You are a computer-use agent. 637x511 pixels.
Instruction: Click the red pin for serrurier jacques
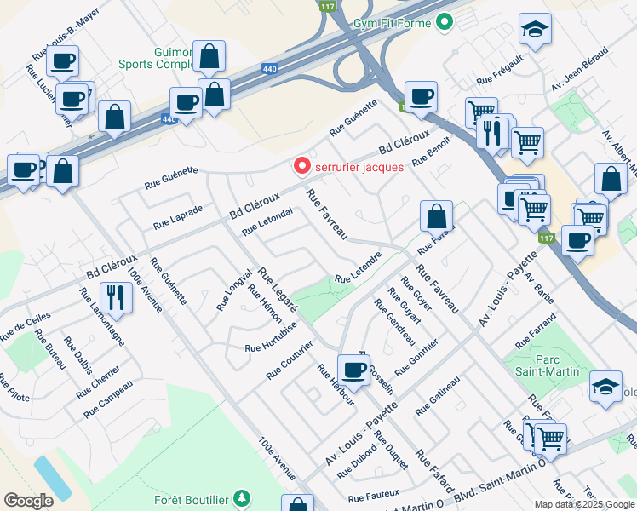click(301, 166)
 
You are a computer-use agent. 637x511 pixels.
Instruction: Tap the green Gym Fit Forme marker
click(444, 23)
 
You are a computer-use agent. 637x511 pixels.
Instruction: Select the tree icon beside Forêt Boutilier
click(244, 497)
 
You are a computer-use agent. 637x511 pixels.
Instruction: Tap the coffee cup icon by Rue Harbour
click(353, 370)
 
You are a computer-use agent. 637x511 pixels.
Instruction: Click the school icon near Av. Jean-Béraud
click(534, 31)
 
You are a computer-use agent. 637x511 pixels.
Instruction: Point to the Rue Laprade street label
click(178, 217)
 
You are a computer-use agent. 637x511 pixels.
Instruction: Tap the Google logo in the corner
click(28, 500)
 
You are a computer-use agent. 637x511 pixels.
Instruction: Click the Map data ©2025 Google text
click(583, 503)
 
